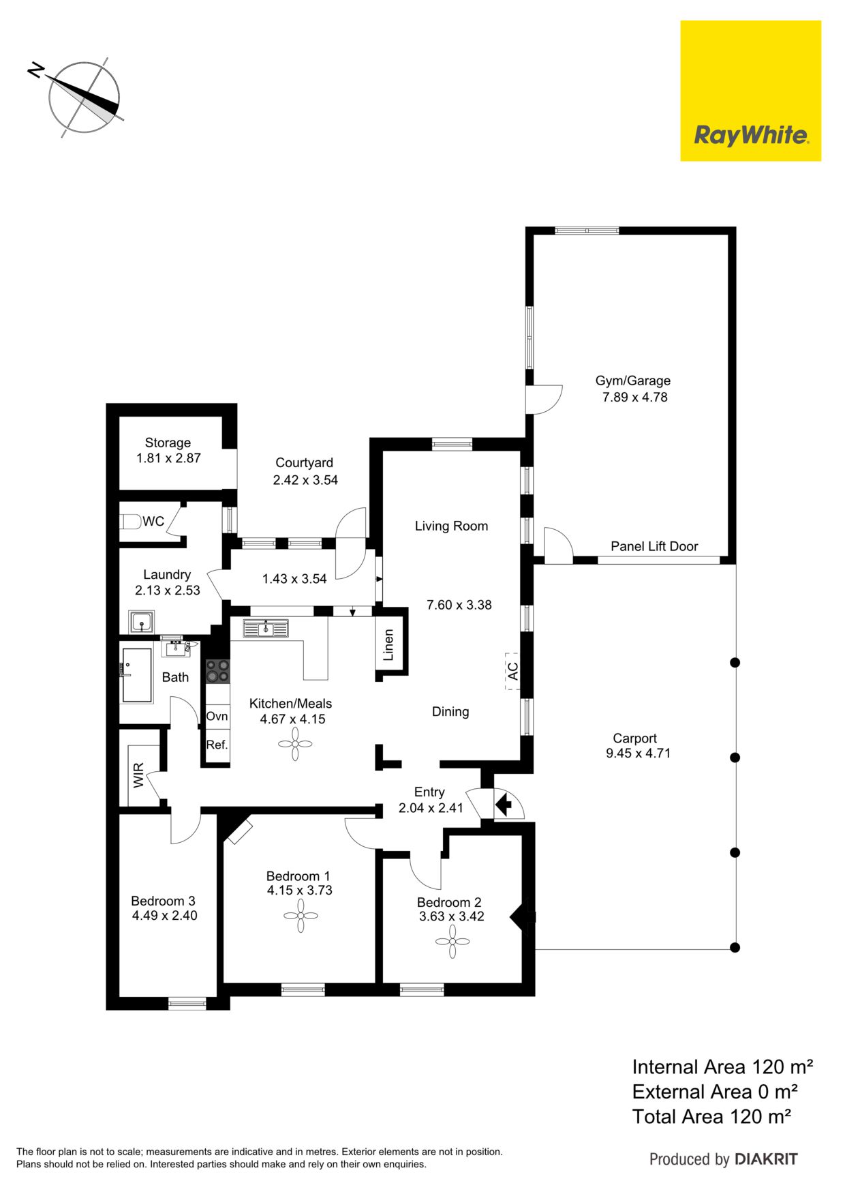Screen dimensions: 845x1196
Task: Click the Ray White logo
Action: (750, 91)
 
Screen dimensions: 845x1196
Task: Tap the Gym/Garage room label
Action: (633, 380)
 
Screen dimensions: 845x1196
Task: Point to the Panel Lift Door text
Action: (654, 546)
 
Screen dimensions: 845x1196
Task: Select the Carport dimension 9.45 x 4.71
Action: (639, 753)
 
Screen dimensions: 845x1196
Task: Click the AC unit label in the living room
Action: (513, 671)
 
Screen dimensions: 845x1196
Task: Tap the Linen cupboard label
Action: (388, 645)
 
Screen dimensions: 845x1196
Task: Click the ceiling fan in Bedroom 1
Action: (301, 916)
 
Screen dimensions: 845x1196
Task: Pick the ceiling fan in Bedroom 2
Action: (452, 942)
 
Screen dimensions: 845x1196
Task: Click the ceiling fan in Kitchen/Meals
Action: (295, 744)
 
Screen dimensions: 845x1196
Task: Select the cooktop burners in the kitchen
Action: (218, 670)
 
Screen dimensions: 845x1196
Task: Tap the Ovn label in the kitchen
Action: (217, 716)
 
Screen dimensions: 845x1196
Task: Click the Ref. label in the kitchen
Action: (217, 745)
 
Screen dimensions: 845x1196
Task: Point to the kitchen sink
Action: (266, 629)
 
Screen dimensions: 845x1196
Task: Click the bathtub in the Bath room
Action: (136, 675)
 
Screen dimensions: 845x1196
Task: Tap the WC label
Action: (153, 522)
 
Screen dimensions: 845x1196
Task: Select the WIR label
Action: (138, 776)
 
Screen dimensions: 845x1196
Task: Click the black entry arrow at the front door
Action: (504, 805)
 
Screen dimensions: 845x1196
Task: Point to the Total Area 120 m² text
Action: (711, 1116)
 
